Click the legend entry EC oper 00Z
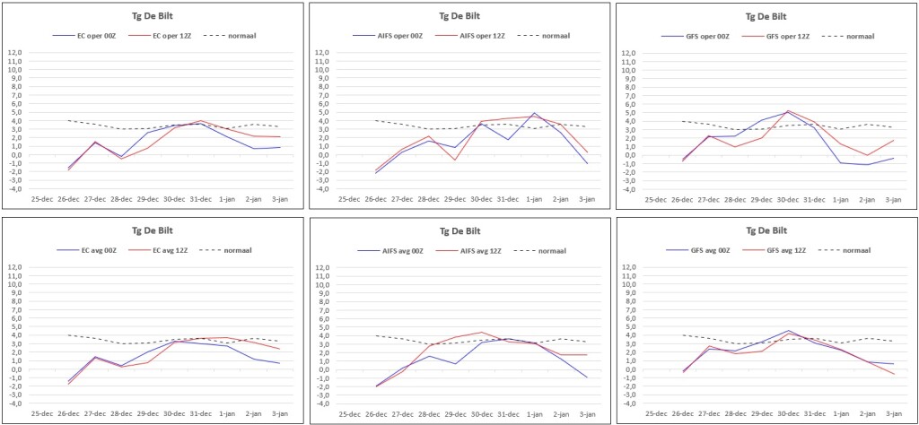[94, 36]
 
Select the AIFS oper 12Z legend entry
[477, 36]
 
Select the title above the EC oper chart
[153, 16]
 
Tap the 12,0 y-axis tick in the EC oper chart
[14, 53]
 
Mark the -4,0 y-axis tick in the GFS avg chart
[627, 403]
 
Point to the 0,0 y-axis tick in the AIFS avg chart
[322, 369]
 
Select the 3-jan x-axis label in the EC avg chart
[279, 414]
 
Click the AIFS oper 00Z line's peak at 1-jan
[535, 113]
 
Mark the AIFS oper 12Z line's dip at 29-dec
[455, 160]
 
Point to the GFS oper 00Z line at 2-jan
[867, 164]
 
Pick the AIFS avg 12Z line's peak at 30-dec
[481, 332]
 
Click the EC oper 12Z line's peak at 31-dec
[200, 120]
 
